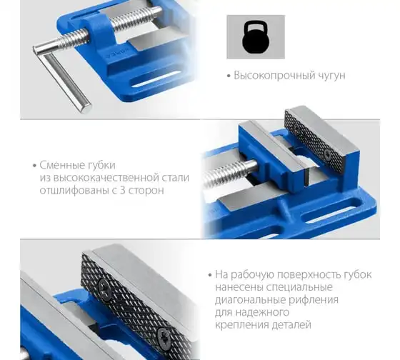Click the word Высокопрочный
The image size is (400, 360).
click(274, 76)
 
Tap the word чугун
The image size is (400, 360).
click(331, 76)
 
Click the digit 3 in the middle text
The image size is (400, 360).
click(122, 190)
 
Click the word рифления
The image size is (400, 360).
click(314, 300)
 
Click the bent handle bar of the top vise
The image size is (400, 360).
click(63, 76)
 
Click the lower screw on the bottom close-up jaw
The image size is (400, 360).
click(164, 336)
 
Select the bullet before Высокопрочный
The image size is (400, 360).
click(229, 76)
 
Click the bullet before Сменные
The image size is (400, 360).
click(35, 166)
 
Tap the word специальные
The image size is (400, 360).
click(299, 288)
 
